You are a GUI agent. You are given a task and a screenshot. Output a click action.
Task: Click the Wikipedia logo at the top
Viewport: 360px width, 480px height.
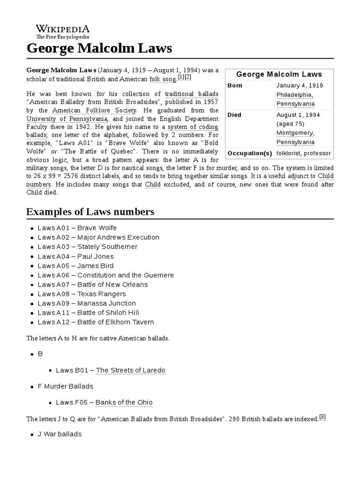[63, 30]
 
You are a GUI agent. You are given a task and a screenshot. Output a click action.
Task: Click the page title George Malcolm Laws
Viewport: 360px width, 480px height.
[99, 48]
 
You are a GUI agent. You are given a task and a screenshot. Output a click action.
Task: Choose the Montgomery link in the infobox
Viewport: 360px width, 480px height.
[294, 133]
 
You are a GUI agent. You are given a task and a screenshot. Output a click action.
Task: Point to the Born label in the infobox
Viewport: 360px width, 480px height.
[235, 85]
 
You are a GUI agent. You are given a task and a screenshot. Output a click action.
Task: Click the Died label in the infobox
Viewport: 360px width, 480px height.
[234, 114]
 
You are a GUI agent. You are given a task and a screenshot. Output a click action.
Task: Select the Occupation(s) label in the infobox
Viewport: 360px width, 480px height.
[249, 153]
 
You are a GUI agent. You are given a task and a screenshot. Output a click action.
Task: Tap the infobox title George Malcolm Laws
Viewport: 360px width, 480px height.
[279, 74]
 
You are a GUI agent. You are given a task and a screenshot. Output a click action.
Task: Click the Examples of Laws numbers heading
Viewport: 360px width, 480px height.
[90, 212]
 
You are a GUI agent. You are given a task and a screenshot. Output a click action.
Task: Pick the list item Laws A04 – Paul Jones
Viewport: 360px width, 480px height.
[76, 256]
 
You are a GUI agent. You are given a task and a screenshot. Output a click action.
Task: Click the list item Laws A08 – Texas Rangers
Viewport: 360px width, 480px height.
[82, 294]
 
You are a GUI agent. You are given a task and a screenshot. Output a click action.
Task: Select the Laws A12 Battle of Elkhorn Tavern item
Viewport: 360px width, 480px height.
[96, 322]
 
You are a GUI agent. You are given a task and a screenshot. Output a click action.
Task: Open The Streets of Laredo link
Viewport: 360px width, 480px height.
[130, 370]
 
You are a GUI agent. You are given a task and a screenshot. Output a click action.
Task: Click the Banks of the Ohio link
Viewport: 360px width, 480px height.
[124, 402]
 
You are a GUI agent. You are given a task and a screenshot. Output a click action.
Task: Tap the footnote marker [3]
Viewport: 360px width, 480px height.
[322, 417]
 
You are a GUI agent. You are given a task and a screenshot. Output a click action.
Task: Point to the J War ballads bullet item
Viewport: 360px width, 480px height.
[60, 434]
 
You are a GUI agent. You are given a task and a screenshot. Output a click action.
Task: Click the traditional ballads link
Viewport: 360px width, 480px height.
[192, 94]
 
